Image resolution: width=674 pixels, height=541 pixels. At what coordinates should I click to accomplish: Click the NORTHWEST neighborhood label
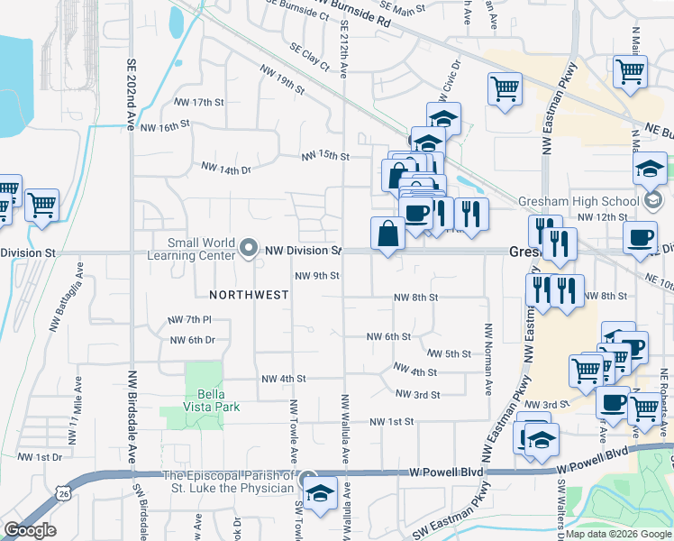(x=249, y=295)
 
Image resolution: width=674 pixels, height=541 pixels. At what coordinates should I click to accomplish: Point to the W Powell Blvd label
(x=447, y=472)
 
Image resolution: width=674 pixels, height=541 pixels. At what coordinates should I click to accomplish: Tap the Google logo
(x=30, y=530)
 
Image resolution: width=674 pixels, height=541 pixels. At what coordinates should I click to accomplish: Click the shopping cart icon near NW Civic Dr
(x=505, y=88)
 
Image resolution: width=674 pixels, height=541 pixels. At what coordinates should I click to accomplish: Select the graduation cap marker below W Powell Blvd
(x=320, y=493)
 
